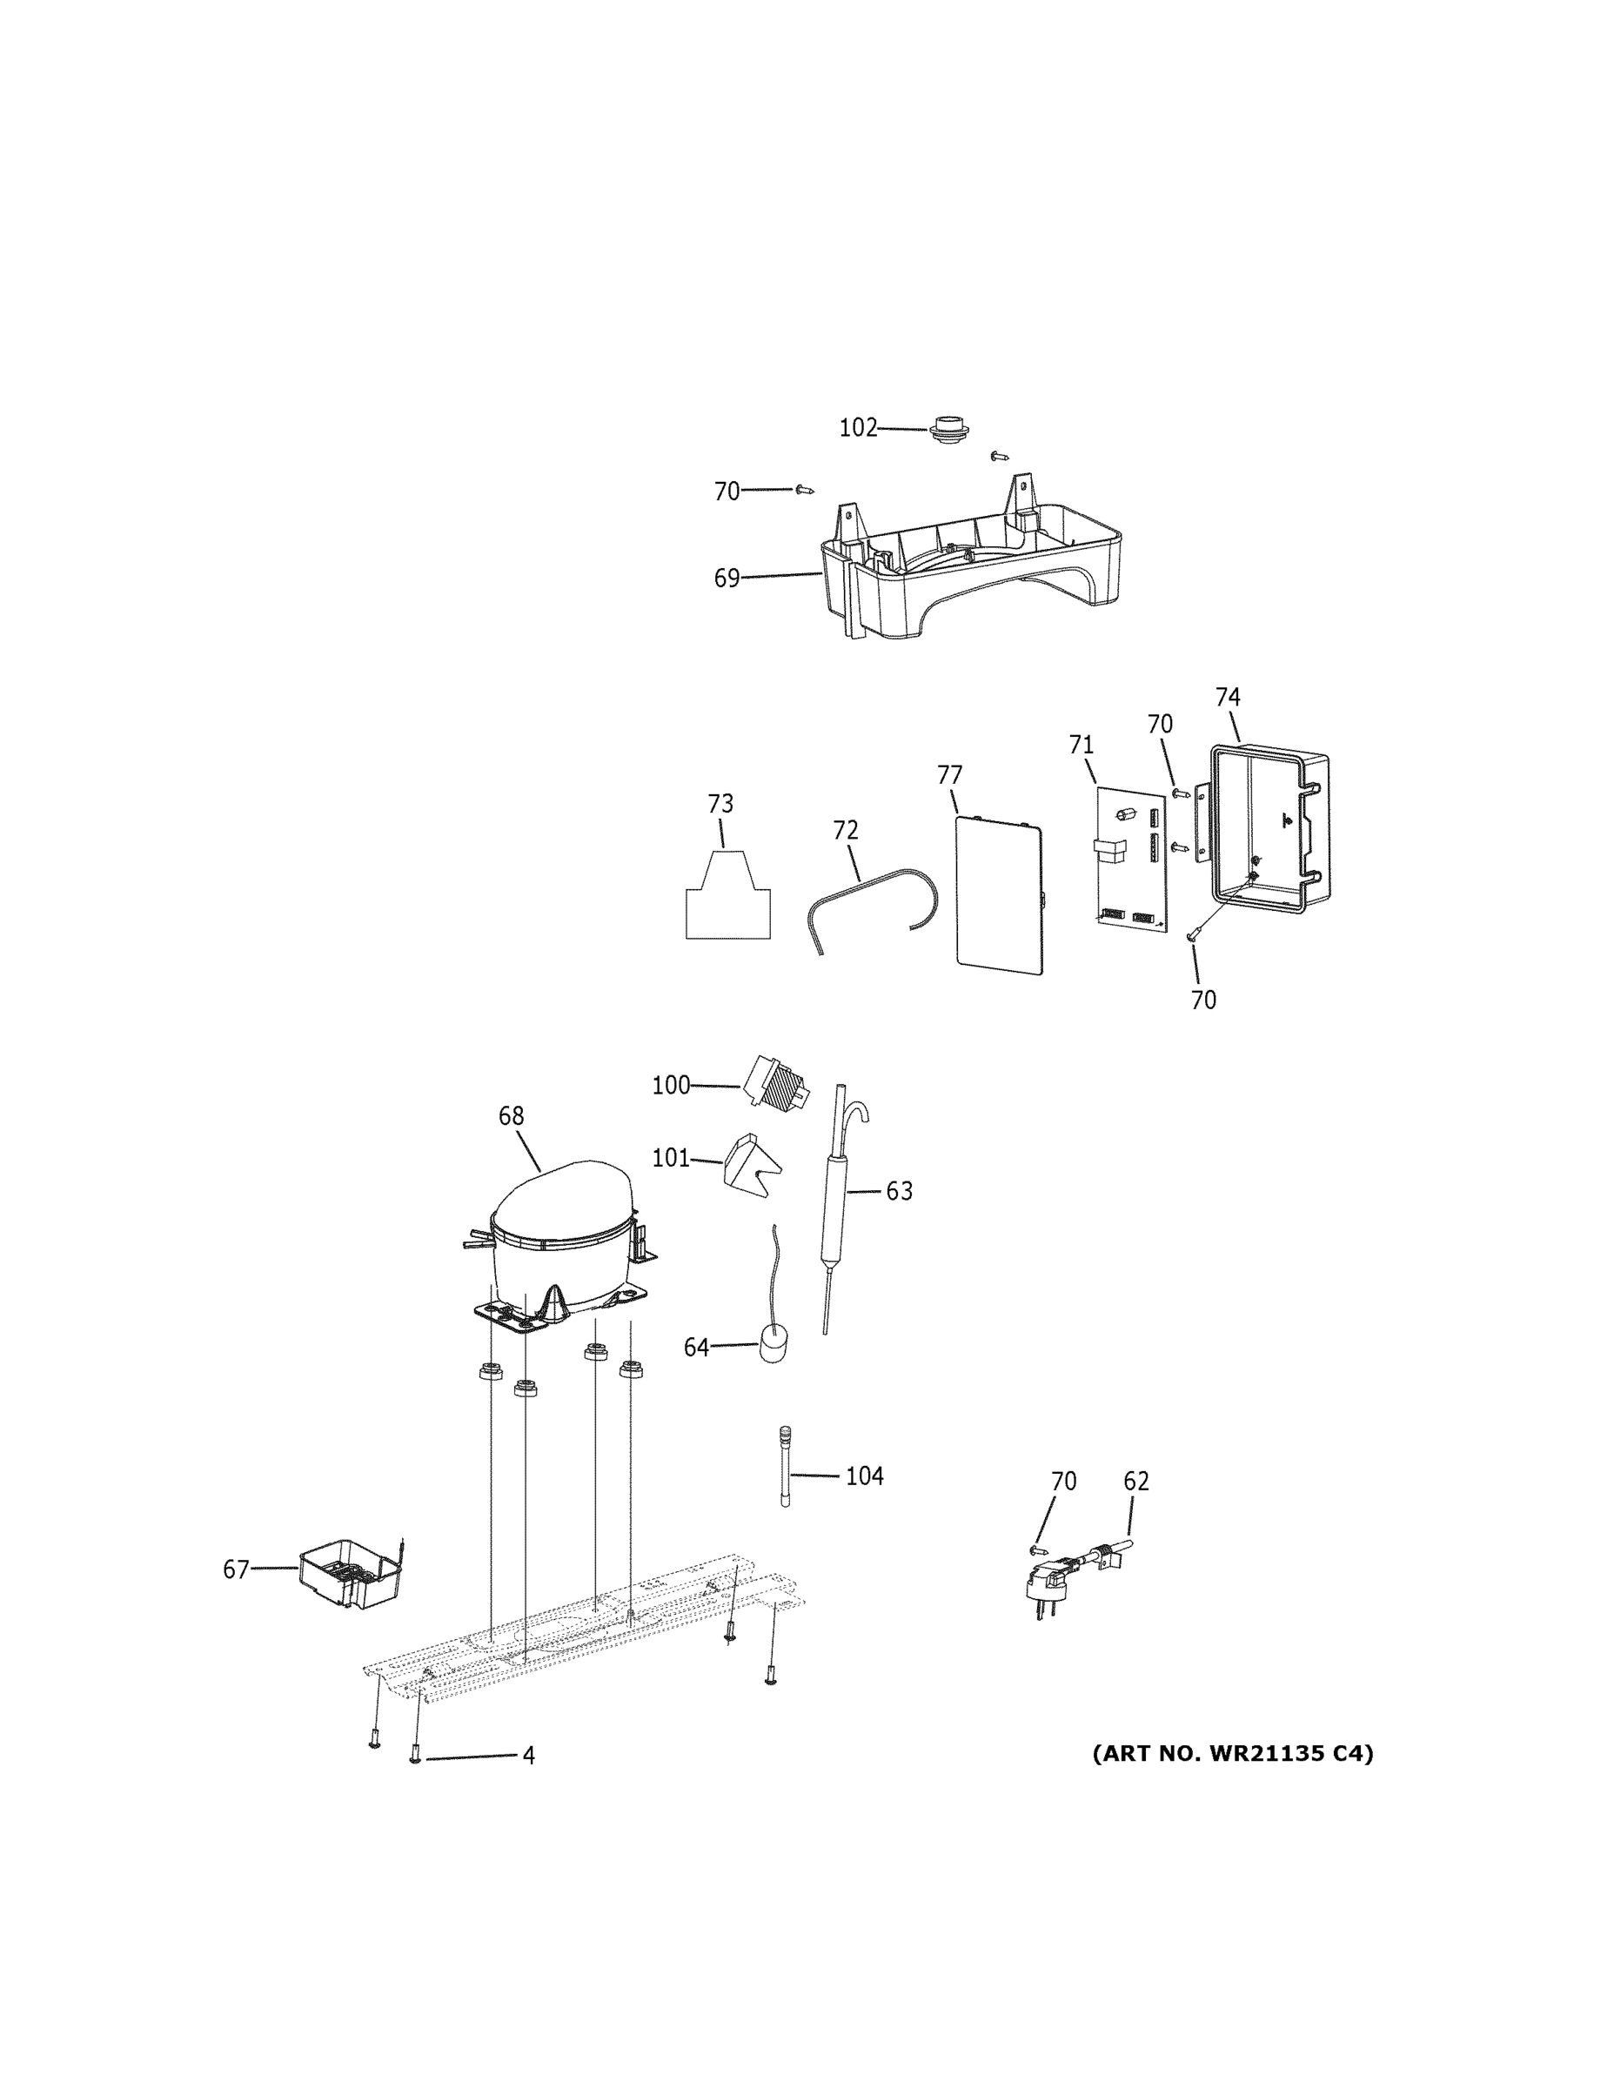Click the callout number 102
858,428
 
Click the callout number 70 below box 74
1202,1000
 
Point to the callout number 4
528,1757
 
